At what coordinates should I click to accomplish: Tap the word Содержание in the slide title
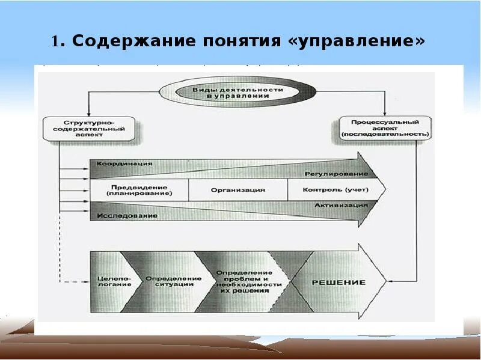pos(126,41)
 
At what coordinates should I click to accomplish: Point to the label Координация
pos(124,163)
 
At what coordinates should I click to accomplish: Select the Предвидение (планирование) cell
pos(139,190)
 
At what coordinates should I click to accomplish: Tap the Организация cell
pos(237,190)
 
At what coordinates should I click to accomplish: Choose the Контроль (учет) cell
pos(336,190)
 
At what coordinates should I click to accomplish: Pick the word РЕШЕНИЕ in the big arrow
pos(346,282)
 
